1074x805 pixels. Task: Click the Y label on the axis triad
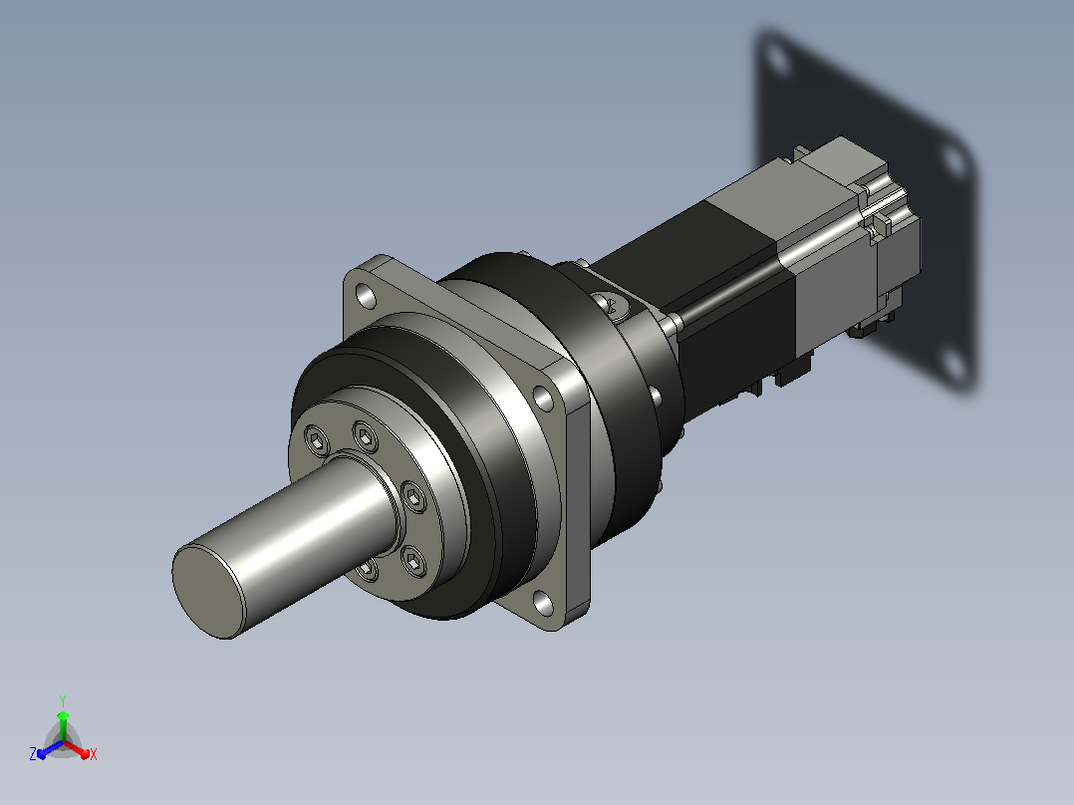63,700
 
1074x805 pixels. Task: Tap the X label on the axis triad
94,754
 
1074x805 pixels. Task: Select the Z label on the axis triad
32,753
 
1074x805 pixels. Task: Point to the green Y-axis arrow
63,725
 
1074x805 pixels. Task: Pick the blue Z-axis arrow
50,749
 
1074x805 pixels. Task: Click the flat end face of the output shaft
207,592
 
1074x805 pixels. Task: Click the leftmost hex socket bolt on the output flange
317,439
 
